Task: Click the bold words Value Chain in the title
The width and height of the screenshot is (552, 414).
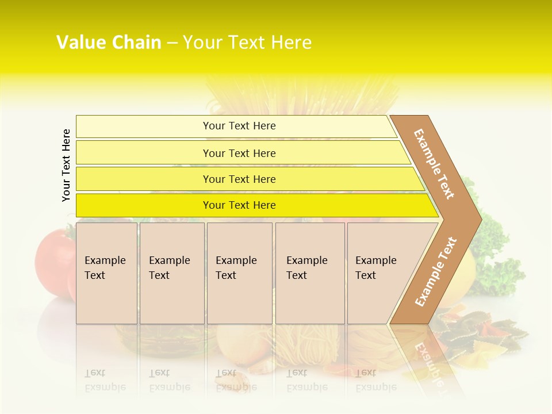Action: point(109,43)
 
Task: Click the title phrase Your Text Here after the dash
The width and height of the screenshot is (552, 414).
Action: point(247,43)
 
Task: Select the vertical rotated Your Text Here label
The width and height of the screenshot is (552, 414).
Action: point(66,166)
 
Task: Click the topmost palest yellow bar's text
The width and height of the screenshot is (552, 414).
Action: point(239,126)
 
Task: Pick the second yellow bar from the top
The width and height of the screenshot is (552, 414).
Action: point(239,153)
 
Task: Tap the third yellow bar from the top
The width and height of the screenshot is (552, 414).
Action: point(239,179)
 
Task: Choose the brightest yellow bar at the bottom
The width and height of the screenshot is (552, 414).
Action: point(239,205)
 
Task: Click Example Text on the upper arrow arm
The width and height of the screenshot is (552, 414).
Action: point(434,164)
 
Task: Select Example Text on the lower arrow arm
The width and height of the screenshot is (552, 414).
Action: point(435,272)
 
